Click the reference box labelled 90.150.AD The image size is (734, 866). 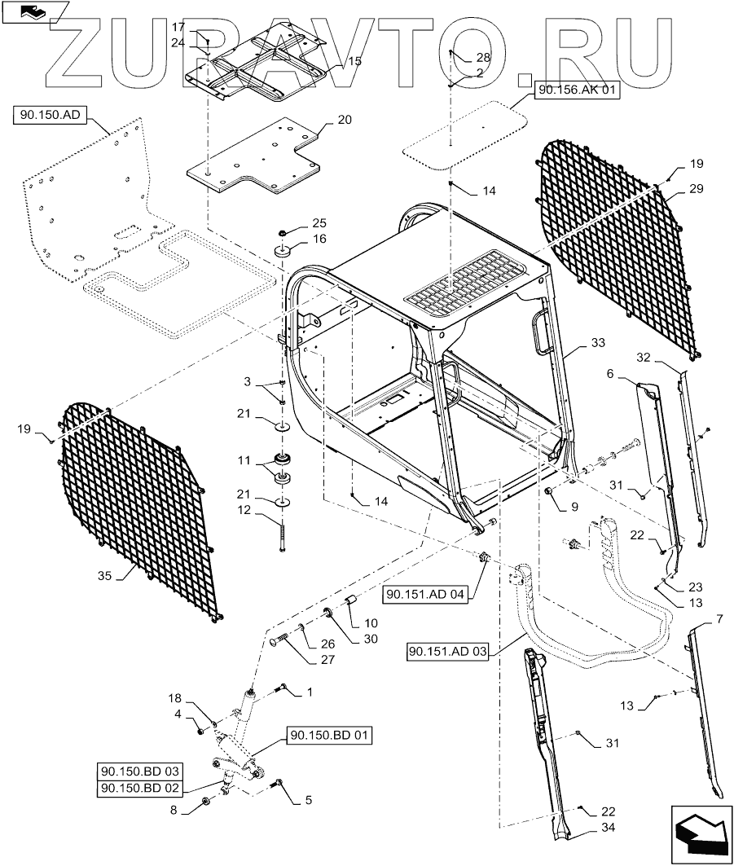pos(50,116)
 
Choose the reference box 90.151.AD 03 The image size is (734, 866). pos(448,652)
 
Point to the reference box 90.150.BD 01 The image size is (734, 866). pos(330,736)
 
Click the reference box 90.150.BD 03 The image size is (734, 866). pos(139,771)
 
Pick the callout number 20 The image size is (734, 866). pos(345,120)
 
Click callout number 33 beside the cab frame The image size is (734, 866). pos(598,343)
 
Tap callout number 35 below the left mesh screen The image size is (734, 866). pos(104,575)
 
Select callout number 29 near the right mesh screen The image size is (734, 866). pos(697,189)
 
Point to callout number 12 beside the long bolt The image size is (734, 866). pos(244,510)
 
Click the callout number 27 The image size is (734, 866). pos(328,659)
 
